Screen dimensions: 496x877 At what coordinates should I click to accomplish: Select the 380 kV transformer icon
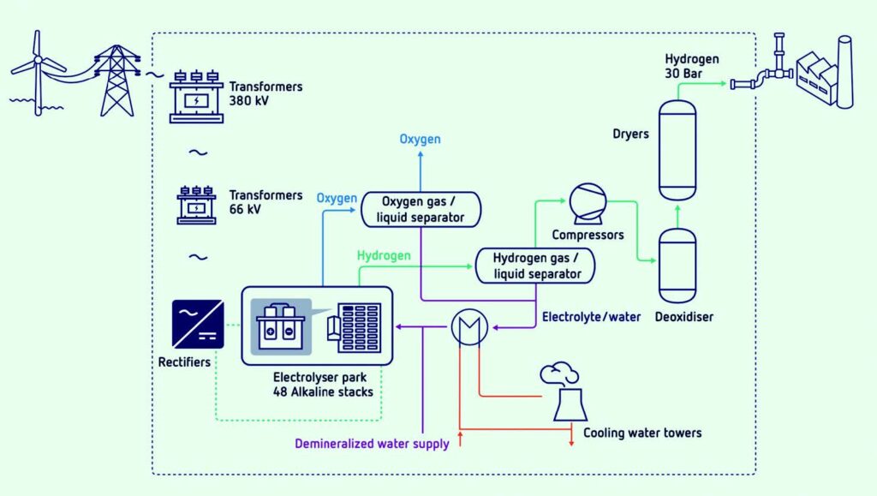click(195, 93)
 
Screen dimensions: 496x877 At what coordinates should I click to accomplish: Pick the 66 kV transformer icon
click(196, 206)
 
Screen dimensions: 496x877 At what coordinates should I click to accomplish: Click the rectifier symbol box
click(198, 323)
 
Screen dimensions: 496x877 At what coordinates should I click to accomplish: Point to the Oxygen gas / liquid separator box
click(420, 209)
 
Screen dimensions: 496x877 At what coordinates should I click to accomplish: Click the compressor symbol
click(587, 201)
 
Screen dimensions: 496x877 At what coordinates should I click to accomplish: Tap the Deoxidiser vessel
click(677, 265)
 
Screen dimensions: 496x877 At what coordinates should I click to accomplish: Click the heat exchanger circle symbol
click(468, 326)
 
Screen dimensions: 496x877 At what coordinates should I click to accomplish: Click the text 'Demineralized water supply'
click(372, 444)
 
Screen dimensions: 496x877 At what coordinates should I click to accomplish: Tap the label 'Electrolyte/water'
click(591, 317)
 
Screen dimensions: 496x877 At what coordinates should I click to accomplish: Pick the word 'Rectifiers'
click(184, 362)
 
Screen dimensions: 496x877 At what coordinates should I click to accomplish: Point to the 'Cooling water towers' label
click(642, 433)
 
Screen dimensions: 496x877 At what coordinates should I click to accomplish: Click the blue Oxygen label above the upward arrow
click(420, 139)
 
